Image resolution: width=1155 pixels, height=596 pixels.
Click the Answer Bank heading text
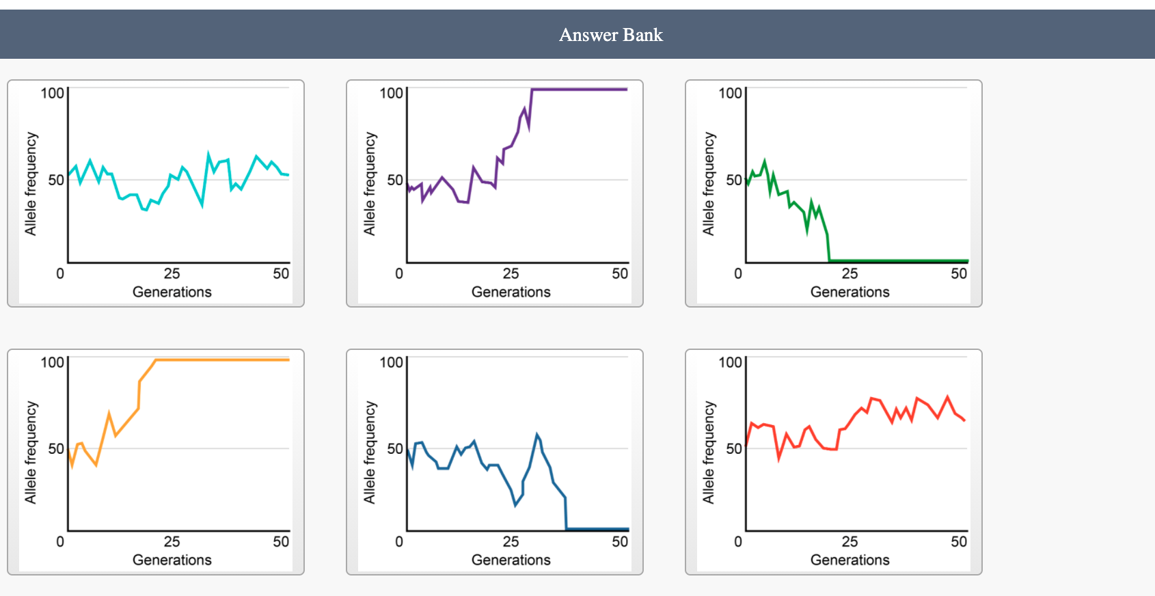coord(610,35)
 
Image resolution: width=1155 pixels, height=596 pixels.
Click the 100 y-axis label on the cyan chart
coord(52,93)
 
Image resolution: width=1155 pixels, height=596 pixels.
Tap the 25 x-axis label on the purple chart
coord(511,273)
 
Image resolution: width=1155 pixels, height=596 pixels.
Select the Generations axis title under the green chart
coord(850,292)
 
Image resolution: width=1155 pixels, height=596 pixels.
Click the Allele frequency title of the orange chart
coord(31,452)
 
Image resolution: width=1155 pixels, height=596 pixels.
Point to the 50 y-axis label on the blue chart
coord(395,448)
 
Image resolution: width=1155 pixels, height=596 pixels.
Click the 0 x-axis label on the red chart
coord(738,541)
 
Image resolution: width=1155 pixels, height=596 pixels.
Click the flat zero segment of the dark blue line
coord(598,529)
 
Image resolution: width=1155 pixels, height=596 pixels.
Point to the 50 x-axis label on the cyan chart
coord(281,273)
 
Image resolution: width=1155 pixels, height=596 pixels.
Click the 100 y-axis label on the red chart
coord(730,362)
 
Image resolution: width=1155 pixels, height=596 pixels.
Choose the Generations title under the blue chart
coord(511,560)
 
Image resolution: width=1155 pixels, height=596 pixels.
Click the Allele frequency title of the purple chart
coord(370,184)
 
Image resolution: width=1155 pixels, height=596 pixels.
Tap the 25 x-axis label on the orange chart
coord(172,541)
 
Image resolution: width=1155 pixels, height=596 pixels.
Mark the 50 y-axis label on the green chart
coord(734,180)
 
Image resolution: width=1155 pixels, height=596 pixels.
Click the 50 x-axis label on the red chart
coord(959,541)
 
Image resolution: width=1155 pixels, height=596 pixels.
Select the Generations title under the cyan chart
coord(172,292)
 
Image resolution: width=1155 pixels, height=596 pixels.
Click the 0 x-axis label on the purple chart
coord(399,273)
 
